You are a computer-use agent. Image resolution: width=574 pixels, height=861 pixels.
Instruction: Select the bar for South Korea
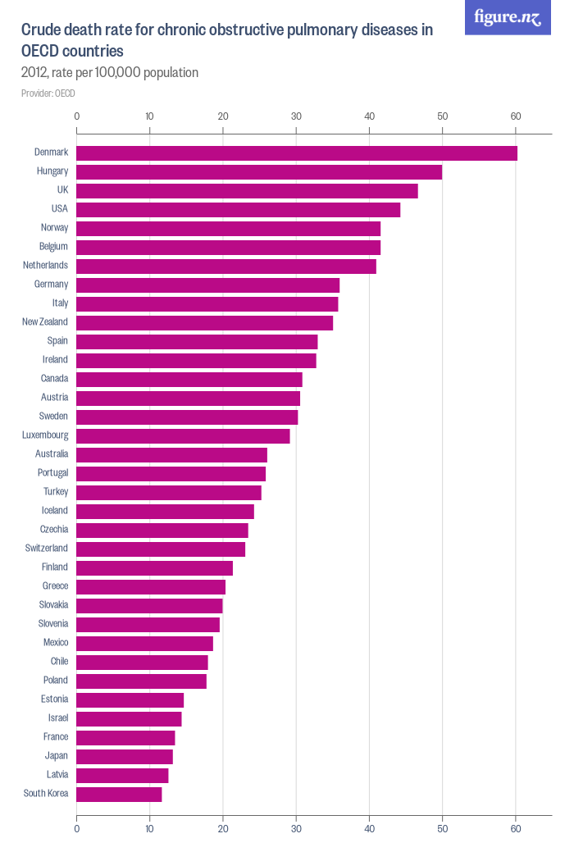pos(119,794)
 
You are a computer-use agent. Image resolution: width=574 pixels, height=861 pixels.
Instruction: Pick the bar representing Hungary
pos(259,172)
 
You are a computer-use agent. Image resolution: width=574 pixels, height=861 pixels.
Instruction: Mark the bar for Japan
pos(125,756)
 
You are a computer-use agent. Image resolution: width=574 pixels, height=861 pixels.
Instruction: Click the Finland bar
pos(154,567)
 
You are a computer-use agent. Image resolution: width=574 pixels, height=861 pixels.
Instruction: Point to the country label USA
pos(59,209)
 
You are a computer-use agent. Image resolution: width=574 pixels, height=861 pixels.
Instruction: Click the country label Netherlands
pos(45,266)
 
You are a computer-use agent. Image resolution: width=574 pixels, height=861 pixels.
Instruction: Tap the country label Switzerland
pos(47,549)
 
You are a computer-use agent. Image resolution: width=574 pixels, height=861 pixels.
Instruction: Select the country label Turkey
pos(56,492)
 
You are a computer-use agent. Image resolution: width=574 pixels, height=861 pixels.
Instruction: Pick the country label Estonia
pos(54,699)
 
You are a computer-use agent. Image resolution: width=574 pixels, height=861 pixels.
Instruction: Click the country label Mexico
pos(56,643)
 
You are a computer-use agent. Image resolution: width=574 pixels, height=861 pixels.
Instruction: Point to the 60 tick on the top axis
pos(516,116)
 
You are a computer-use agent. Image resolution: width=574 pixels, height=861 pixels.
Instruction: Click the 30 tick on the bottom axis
pos(296,829)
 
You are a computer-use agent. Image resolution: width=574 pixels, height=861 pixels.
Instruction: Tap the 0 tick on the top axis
pos(76,116)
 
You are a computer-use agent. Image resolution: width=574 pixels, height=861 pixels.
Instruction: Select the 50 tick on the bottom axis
pos(443,829)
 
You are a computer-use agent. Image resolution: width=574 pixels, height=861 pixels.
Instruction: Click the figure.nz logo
pos(508,17)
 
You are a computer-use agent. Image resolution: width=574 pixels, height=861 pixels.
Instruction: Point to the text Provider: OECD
pos(48,93)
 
